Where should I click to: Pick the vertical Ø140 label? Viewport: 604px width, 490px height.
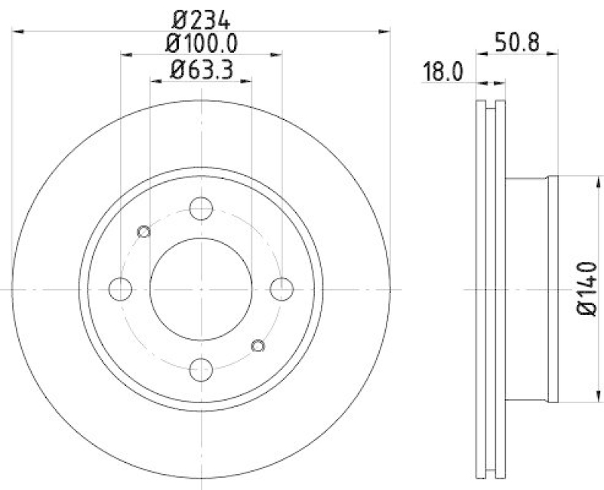(588, 289)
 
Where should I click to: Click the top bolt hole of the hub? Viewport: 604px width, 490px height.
(201, 208)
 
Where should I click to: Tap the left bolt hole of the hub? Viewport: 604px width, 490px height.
(121, 288)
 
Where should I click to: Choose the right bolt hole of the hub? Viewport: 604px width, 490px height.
(281, 288)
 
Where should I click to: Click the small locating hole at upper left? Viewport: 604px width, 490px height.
(144, 231)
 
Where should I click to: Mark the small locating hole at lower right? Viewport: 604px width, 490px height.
(257, 346)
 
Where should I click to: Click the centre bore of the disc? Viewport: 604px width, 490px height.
(201, 288)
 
